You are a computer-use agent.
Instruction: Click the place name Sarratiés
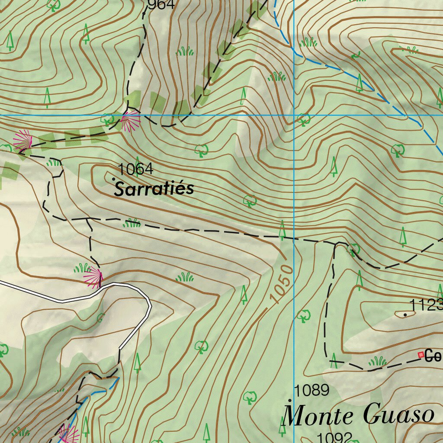coord(154,189)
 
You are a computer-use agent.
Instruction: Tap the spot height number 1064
coord(135,169)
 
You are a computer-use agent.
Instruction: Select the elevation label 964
coord(161,5)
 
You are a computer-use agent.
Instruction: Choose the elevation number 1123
coord(426,305)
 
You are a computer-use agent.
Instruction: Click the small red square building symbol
coord(421,355)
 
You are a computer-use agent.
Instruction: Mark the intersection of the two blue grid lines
coord(294,115)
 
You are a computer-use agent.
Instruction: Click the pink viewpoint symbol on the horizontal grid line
coord(129,120)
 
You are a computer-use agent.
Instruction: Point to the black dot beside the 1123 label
coord(405,315)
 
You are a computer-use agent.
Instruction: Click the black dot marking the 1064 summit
coord(113,179)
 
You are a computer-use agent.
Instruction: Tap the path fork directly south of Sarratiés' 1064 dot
coord(88,219)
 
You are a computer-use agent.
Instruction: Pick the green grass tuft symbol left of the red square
coord(377,361)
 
